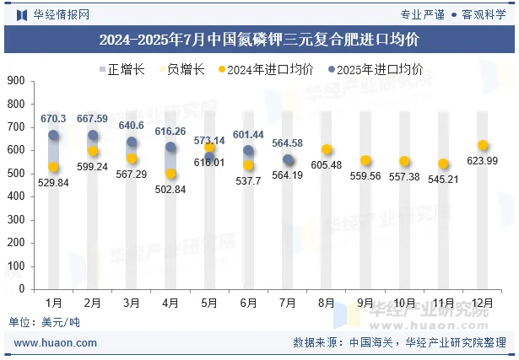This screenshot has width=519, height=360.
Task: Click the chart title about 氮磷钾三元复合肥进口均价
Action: tap(259, 39)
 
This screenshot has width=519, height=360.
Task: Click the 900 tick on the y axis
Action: tap(16, 81)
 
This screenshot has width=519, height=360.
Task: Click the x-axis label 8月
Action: tap(327, 302)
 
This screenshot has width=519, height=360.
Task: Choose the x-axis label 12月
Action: tap(482, 302)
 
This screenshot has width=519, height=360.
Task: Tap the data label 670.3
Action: tap(53, 120)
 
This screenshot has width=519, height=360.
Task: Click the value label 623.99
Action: tap(482, 161)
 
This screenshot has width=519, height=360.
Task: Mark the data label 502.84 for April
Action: tap(170, 189)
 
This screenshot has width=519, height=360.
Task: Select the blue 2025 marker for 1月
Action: tap(54, 135)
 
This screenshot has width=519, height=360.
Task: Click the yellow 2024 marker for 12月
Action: tap(483, 145)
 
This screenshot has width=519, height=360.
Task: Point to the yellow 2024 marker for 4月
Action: tap(170, 174)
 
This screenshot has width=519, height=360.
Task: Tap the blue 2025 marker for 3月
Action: tap(132, 142)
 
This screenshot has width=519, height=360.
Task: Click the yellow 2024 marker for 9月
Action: tap(365, 160)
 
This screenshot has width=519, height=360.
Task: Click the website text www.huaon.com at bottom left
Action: tap(56, 343)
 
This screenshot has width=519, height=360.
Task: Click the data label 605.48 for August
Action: tap(326, 164)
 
